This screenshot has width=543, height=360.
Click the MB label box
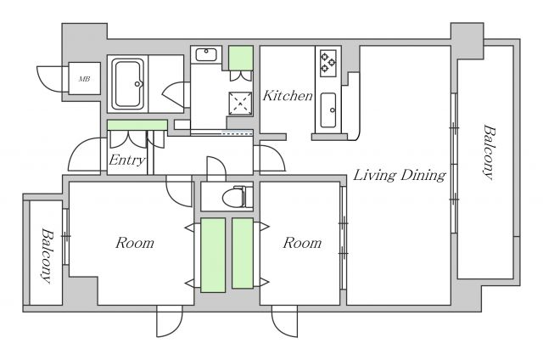tap(85, 79)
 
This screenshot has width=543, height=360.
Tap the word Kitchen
tap(288, 96)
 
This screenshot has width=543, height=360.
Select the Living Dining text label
tap(400, 177)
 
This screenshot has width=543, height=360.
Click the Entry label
tap(127, 160)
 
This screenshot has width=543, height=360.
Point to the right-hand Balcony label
tap(489, 153)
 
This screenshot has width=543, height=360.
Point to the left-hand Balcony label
tap(46, 256)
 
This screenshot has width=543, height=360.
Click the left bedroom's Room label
tap(134, 244)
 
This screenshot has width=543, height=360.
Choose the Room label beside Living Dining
tap(302, 244)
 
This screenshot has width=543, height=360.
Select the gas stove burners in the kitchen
tap(327, 62)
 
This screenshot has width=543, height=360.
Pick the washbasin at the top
tap(206, 55)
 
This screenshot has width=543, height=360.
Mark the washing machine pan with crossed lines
tap(241, 103)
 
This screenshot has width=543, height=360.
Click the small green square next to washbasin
tap(241, 57)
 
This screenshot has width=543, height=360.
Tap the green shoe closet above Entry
tap(137, 126)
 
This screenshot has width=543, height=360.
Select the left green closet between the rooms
tap(212, 253)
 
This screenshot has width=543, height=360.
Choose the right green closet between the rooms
tap(244, 253)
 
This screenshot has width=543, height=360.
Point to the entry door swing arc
tap(83, 155)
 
